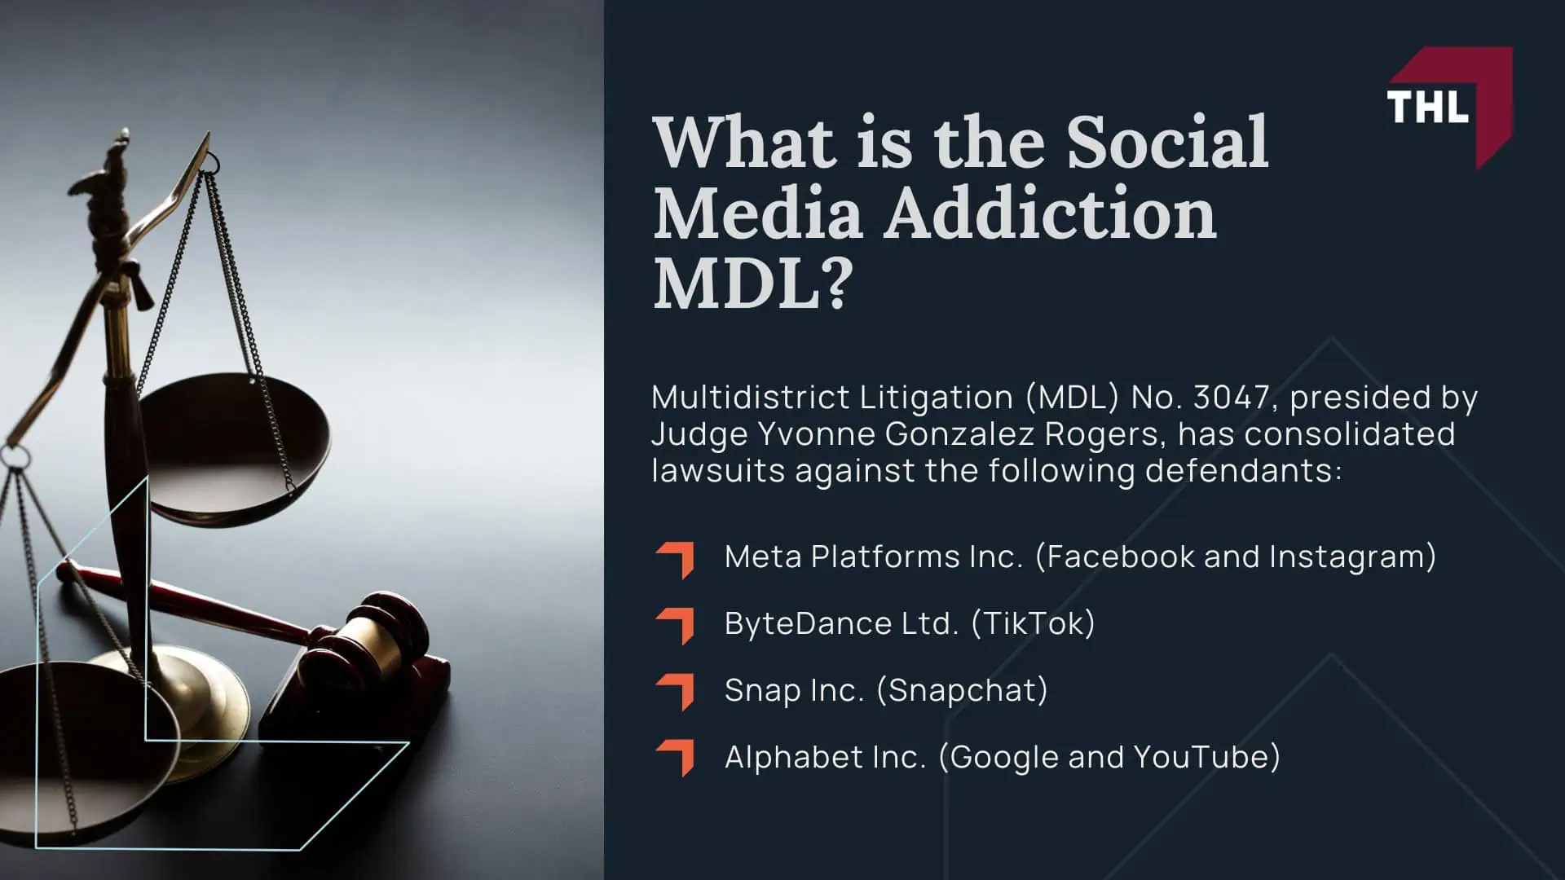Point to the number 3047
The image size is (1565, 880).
[1231, 398]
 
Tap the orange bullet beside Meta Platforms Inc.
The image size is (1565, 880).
[676, 559]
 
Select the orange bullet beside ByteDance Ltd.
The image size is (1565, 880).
[676, 626]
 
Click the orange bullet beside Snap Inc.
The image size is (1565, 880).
[676, 693]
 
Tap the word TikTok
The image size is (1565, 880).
[1033, 623]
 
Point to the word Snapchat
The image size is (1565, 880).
[962, 690]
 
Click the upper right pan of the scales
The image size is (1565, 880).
[236, 440]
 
